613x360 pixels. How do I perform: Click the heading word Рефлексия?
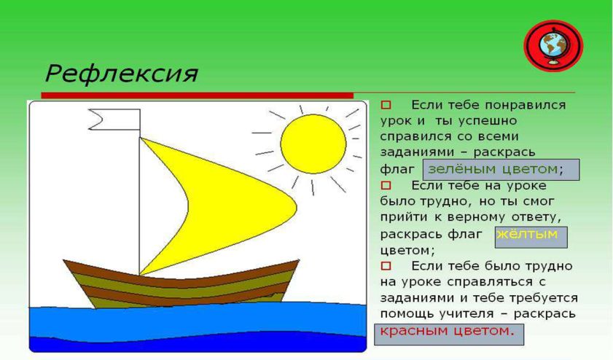pos(122,74)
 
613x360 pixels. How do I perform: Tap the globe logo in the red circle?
pos(553,46)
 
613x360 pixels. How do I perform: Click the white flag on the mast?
pos(114,120)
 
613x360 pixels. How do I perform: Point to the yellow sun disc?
pos(313,144)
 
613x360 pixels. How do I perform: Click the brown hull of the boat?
pos(181,283)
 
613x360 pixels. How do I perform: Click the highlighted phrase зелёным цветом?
pos(493,169)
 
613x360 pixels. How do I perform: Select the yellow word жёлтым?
pos(526,234)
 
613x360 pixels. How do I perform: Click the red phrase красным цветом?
pos(445,331)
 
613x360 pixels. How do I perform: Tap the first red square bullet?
pos(386,105)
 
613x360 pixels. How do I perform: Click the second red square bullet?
pos(386,185)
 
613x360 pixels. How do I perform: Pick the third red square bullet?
pos(386,266)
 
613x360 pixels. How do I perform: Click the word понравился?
pos(525,105)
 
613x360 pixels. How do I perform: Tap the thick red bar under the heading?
pos(197,95)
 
